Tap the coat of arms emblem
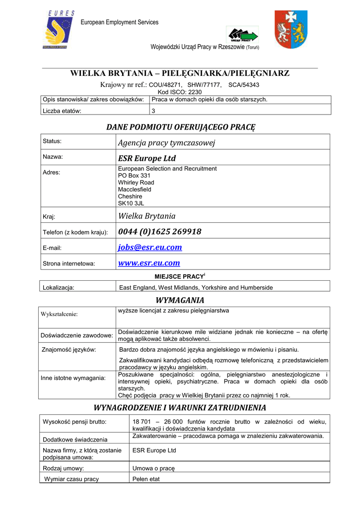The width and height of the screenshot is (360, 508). (291, 30)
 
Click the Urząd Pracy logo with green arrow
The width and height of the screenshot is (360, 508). (242, 35)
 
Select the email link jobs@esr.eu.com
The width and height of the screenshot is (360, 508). (150, 247)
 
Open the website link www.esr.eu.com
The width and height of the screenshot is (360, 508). (149, 263)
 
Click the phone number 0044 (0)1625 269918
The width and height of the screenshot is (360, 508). (159, 232)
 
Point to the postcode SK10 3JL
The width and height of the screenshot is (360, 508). (131, 203)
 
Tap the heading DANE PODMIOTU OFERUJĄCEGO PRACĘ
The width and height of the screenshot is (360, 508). (180, 127)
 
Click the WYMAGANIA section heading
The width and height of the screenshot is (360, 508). (180, 300)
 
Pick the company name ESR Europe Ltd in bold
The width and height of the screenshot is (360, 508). (147, 158)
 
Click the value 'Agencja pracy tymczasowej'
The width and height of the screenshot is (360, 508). (166, 143)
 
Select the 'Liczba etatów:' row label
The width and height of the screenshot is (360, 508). (62, 111)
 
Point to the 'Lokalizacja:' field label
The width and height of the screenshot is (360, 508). (59, 287)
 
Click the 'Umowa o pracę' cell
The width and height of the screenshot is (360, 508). (153, 468)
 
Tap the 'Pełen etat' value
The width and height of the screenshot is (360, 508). (146, 479)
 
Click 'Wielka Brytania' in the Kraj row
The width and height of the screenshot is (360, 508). (147, 216)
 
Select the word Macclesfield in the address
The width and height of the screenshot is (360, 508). (135, 190)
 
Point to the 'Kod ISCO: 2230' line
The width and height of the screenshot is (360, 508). (180, 92)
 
